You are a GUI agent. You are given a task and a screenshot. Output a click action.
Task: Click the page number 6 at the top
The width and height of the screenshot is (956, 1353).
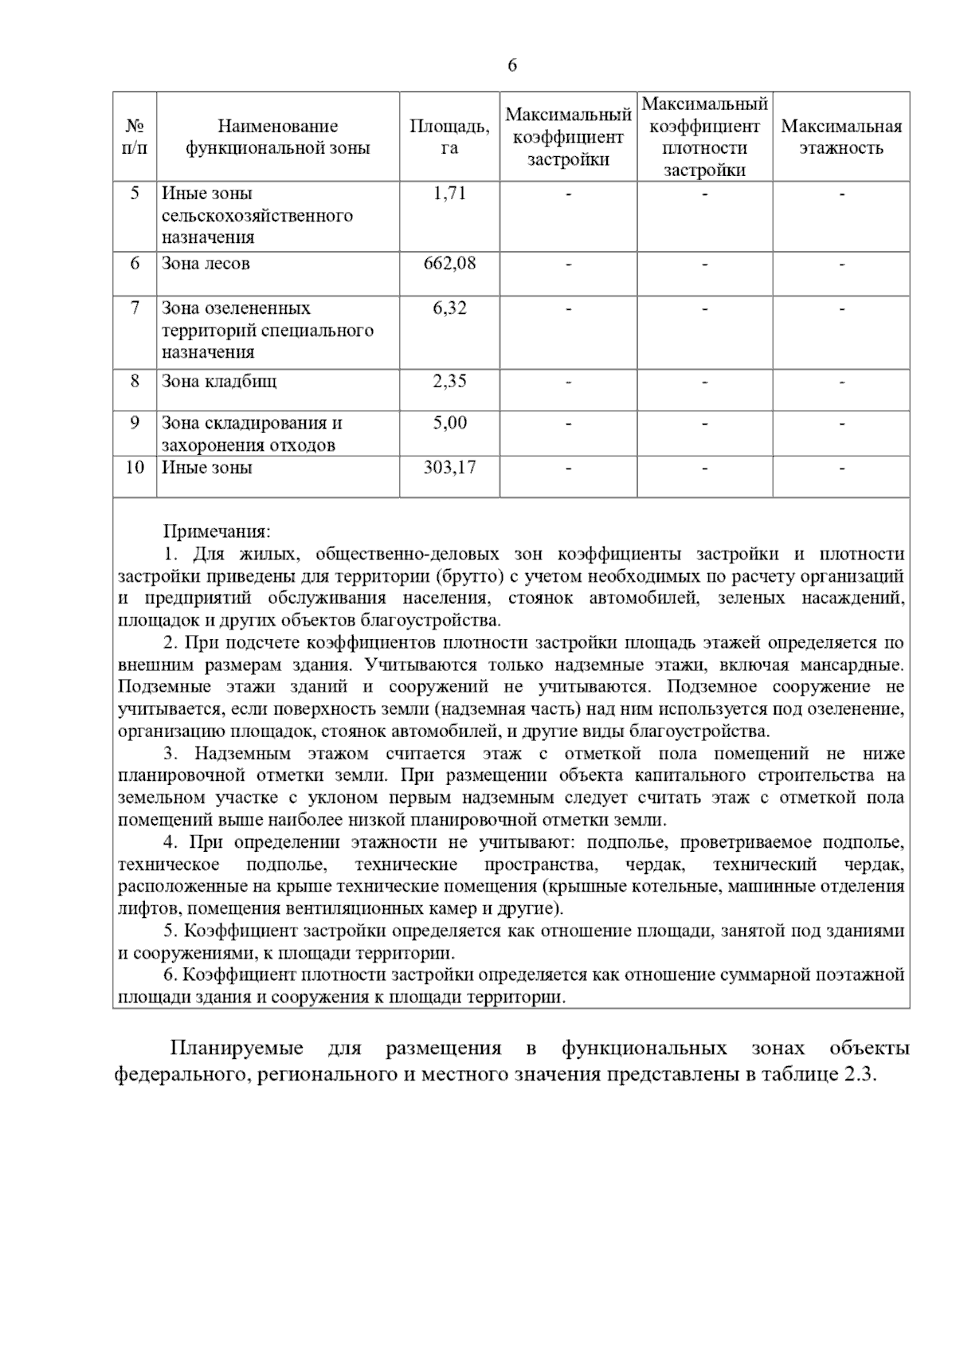click(512, 65)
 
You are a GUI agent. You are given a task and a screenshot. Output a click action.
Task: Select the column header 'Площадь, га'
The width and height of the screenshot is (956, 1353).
click(449, 137)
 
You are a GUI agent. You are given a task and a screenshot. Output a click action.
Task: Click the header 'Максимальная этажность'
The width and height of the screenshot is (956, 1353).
click(841, 137)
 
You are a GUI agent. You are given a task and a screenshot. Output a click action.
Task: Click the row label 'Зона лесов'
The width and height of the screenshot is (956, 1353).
click(206, 264)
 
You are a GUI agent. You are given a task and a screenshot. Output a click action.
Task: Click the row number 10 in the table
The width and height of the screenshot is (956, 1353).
click(135, 467)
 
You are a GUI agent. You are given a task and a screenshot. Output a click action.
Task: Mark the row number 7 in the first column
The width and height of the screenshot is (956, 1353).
click(135, 308)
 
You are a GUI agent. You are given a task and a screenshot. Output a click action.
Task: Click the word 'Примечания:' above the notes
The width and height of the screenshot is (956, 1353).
click(217, 531)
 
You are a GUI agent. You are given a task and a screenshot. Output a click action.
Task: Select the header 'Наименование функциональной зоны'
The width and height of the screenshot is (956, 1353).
click(277, 137)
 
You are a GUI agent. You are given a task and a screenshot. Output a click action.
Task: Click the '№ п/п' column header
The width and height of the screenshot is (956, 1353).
click(135, 137)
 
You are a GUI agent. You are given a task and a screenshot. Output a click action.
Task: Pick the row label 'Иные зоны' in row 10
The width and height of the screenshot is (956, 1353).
click(207, 467)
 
